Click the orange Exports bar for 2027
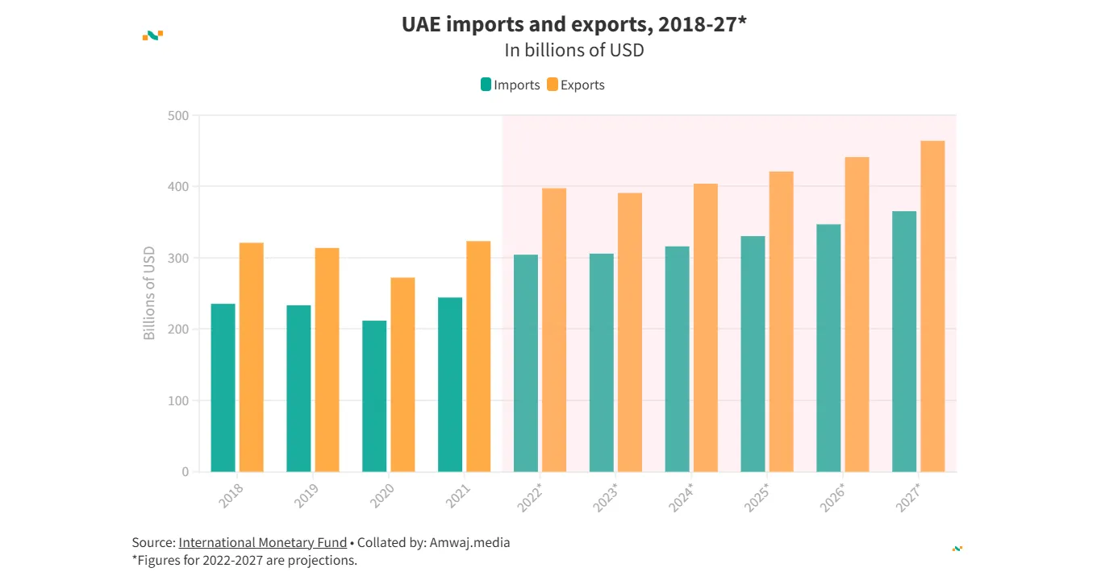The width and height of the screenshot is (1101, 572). click(932, 306)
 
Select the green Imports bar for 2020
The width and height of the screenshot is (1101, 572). click(374, 396)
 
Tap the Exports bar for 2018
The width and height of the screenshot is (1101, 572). click(252, 357)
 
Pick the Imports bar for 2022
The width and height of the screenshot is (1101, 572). click(526, 363)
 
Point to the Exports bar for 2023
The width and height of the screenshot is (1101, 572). click(630, 332)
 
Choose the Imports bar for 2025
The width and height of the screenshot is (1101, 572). click(753, 354)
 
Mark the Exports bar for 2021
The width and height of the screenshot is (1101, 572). click(478, 356)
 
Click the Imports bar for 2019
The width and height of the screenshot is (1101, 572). click(298, 388)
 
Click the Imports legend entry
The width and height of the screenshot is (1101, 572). click(510, 85)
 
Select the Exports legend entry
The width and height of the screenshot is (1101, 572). click(576, 85)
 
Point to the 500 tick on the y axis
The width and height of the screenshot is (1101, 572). click(178, 115)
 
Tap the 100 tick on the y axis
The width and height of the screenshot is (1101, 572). click(178, 400)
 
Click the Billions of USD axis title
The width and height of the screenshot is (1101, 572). click(149, 293)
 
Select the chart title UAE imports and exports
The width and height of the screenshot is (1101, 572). click(573, 25)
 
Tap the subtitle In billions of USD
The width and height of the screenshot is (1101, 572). click(573, 50)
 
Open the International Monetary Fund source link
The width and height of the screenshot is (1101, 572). click(262, 542)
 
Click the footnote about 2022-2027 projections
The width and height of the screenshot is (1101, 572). click(244, 559)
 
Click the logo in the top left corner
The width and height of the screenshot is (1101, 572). click(152, 35)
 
